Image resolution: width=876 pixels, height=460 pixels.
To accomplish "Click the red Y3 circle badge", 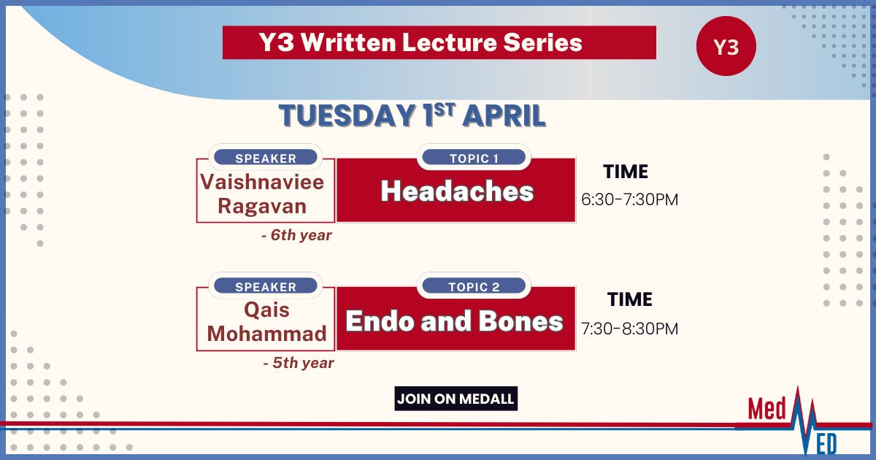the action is [x=726, y=46].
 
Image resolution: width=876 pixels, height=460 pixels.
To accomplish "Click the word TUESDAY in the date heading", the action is [x=347, y=116].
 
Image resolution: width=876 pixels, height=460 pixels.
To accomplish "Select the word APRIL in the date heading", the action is [x=504, y=116].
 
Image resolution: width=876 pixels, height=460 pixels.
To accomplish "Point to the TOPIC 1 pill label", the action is [x=474, y=158].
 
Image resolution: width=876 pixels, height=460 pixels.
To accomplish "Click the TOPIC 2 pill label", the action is [x=474, y=286].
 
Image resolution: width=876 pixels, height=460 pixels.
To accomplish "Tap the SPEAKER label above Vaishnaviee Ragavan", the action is [x=266, y=158].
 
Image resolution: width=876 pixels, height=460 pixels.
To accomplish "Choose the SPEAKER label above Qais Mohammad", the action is [x=266, y=286].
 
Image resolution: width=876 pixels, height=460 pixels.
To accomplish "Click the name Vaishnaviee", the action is [x=262, y=183].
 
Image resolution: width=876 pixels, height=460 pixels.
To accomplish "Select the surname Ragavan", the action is [x=262, y=206].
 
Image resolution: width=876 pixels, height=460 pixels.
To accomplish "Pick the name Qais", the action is [x=266, y=310].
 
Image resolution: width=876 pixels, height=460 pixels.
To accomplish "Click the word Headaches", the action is [x=457, y=191].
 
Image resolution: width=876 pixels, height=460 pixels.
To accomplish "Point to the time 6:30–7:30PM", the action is [x=629, y=199].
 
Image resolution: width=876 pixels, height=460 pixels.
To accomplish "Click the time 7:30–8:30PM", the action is [x=629, y=329].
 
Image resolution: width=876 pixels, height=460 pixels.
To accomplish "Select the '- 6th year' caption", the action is [x=296, y=235].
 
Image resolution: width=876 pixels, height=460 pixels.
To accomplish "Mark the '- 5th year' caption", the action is [x=299, y=363].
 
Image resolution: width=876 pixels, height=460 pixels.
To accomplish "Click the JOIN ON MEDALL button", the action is [x=456, y=399].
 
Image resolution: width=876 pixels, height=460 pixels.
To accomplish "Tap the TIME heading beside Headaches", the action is [x=626, y=172].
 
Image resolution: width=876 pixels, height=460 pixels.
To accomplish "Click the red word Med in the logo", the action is [x=766, y=409].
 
